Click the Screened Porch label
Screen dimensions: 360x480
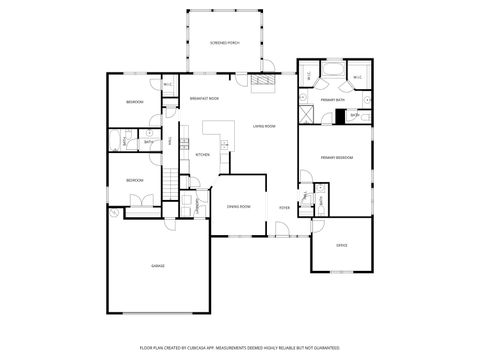224,44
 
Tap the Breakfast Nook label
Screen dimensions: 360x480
205,98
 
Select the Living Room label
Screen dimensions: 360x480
264,126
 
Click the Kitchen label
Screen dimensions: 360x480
202,155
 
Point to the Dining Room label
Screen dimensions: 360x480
238,206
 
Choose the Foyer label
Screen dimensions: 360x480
284,207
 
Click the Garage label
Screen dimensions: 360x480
158,265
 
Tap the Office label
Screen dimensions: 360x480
341,245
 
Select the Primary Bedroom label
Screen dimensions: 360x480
335,158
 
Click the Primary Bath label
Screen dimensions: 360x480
332,100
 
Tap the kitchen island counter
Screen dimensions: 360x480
215,131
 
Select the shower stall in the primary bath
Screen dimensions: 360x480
308,115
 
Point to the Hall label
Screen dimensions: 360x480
183,143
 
